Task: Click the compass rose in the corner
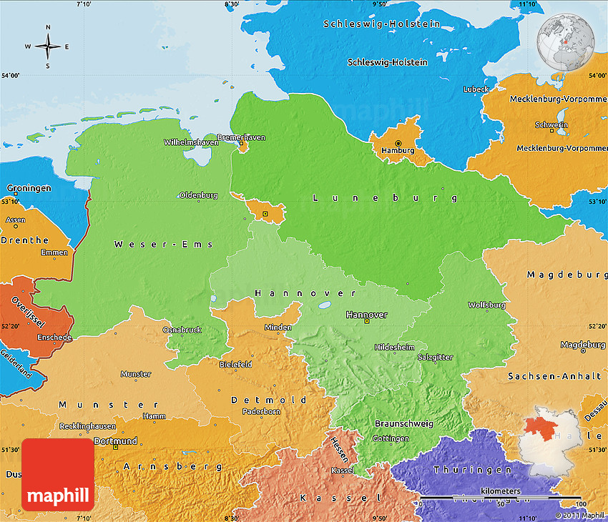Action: (x=48, y=47)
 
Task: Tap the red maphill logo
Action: (x=58, y=474)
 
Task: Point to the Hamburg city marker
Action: (x=398, y=143)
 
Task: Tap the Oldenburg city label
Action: (x=198, y=194)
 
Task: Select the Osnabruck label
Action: (x=182, y=330)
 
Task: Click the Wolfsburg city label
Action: (x=486, y=305)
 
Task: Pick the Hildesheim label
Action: (x=394, y=347)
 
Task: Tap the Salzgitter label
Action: (x=435, y=356)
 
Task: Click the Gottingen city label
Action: (x=391, y=438)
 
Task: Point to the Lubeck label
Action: (x=476, y=89)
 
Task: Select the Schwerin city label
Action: (x=551, y=125)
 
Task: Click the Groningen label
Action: (x=29, y=188)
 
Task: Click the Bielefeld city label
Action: (x=235, y=364)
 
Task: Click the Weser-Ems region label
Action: (x=163, y=245)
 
